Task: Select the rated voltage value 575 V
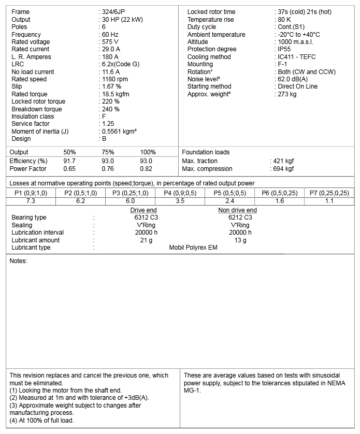(x=111, y=42)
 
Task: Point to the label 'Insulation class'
(x=33, y=117)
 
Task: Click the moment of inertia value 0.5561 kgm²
(x=120, y=132)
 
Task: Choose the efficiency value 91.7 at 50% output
(x=69, y=161)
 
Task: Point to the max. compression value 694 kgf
(x=283, y=169)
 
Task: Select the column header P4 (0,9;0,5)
(x=180, y=193)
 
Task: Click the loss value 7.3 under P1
(x=31, y=200)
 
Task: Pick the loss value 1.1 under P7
(x=329, y=200)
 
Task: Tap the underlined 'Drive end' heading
(x=143, y=210)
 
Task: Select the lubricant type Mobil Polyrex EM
(x=193, y=248)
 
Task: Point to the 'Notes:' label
(x=19, y=261)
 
